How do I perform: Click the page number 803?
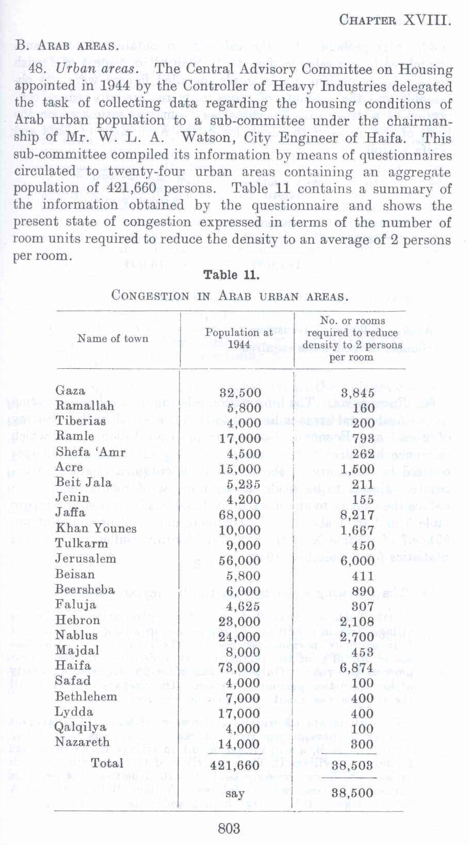click(x=229, y=828)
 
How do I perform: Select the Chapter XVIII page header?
click(x=395, y=21)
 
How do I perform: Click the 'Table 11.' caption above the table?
click(x=231, y=275)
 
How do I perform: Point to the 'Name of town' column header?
click(x=112, y=339)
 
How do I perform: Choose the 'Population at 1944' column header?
click(x=239, y=339)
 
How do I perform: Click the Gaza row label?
click(x=70, y=390)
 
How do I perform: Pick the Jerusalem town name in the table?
click(x=86, y=559)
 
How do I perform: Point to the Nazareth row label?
click(x=83, y=742)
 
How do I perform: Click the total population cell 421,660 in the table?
click(x=235, y=765)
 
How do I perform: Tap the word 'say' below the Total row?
click(x=235, y=793)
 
